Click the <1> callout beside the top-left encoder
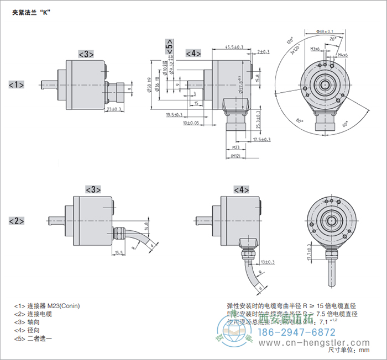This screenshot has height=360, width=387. (17, 84)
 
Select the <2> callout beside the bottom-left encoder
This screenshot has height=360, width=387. (17, 221)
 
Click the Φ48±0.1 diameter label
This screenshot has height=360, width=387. (326, 31)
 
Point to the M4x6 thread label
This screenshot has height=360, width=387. (342, 55)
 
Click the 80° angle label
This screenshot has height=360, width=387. (299, 120)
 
